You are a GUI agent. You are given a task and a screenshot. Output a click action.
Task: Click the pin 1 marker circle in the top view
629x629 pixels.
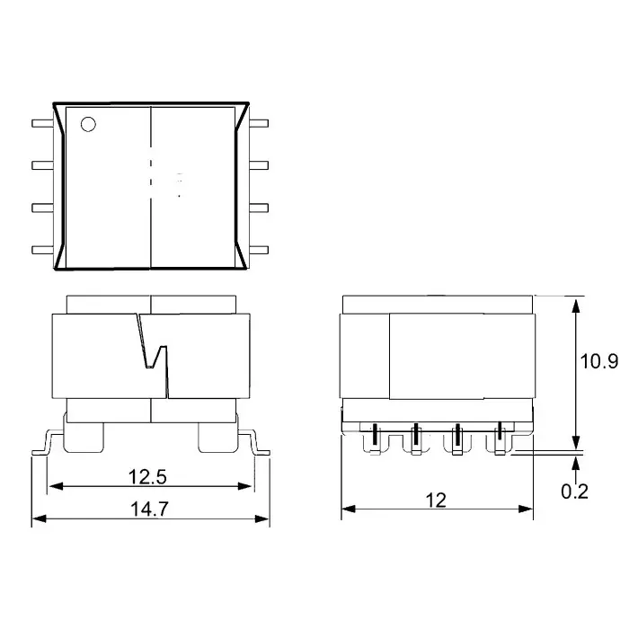[x=88, y=124]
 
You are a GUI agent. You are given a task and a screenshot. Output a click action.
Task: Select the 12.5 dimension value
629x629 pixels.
[x=149, y=475]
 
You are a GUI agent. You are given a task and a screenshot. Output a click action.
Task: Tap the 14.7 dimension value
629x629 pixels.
[x=149, y=508]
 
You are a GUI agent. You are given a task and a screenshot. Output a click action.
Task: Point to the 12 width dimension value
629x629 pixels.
[x=436, y=500]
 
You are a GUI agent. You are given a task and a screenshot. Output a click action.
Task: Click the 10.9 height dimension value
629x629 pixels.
[x=598, y=361]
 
